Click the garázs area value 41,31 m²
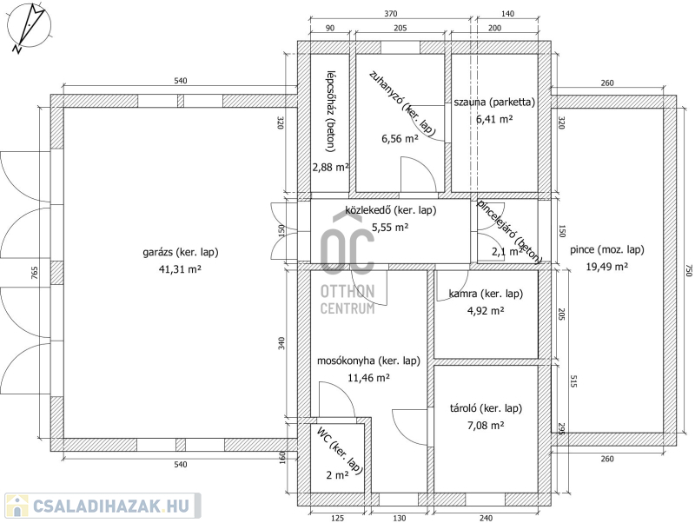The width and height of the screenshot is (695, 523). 180,269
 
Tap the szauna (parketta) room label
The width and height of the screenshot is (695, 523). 494,102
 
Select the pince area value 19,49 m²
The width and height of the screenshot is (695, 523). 606,267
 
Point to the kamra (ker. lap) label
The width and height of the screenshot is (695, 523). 486,294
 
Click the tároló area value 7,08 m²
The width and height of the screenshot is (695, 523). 486,426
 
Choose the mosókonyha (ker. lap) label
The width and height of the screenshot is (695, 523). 368,361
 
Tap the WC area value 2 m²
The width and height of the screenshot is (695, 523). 337,475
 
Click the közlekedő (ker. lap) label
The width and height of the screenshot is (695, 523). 390,210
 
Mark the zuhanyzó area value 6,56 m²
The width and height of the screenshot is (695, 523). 400,139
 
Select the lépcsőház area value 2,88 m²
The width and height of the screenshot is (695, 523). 331,167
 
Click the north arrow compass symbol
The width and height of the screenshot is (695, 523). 29,27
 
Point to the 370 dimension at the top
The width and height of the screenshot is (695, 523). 390,14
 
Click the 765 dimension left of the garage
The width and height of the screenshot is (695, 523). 35,273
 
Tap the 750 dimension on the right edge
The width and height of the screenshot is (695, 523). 688,270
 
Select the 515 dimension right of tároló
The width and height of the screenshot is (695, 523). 574,381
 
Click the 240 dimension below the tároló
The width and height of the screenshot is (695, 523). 486,518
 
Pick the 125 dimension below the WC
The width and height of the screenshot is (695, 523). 337,518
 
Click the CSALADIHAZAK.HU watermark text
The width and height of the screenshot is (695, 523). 111,506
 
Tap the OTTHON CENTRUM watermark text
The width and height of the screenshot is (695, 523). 347,300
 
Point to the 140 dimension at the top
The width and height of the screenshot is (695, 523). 507,14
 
